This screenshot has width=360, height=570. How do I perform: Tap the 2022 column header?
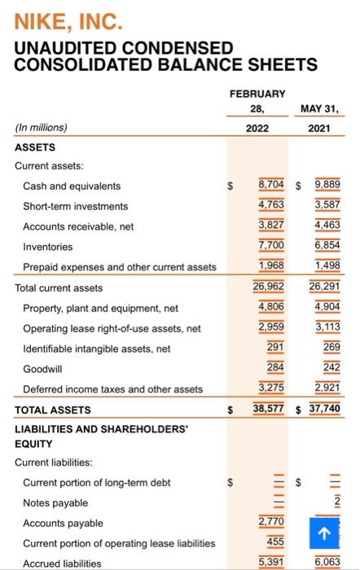click(x=257, y=127)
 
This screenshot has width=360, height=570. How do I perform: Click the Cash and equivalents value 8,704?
click(x=272, y=186)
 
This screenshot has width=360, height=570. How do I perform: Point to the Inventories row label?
click(x=47, y=247)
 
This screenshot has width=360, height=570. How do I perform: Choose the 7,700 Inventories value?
click(x=272, y=247)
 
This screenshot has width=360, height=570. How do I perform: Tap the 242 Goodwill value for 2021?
click(x=329, y=369)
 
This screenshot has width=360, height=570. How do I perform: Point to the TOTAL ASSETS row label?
click(x=53, y=410)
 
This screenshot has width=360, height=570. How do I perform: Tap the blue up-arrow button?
click(x=324, y=534)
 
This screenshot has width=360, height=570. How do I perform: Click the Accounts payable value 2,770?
click(x=272, y=522)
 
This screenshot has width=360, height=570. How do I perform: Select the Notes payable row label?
click(x=55, y=503)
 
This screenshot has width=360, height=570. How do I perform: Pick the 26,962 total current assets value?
click(x=270, y=287)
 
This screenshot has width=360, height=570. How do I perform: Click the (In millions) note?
click(x=42, y=127)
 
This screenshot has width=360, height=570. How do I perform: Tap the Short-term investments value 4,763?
click(x=272, y=206)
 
